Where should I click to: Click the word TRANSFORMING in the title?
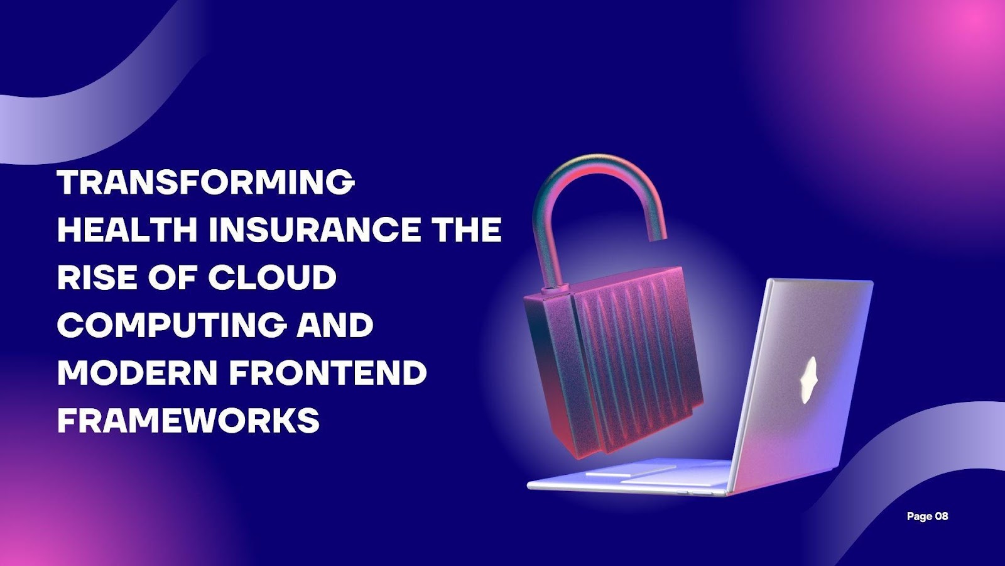206,182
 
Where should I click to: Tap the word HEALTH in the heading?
128,230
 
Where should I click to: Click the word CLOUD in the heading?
273,277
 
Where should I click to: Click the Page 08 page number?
927,516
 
